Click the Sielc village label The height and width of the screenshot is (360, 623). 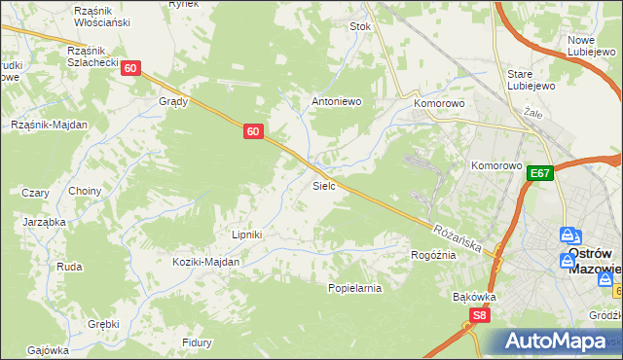click(x=324, y=185)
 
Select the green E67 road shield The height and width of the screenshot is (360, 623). click(x=541, y=173)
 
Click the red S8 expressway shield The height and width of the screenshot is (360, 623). click(x=479, y=315)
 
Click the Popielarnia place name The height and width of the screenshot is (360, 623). click(x=355, y=288)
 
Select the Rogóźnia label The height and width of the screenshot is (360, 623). click(x=433, y=255)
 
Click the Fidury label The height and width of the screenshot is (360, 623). click(x=198, y=342)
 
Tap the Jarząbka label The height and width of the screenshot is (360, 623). click(x=44, y=221)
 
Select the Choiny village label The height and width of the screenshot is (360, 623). click(x=85, y=191)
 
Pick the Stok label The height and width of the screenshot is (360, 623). click(x=361, y=27)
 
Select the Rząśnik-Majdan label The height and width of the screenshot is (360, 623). click(x=50, y=125)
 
